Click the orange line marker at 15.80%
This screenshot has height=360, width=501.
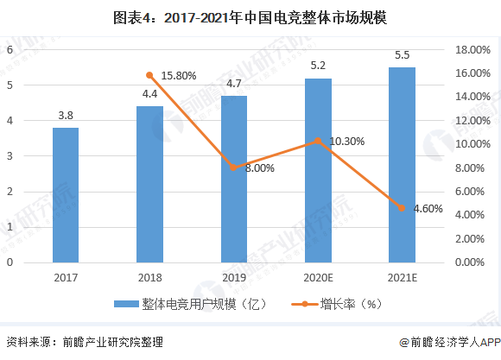[149, 75]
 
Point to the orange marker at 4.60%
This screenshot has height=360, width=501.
[402, 208]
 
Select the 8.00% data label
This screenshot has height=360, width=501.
[258, 168]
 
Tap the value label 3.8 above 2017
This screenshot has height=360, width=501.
[66, 115]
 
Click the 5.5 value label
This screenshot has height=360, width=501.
[402, 55]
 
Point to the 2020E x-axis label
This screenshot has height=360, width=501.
[317, 277]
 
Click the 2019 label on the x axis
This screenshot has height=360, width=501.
[233, 277]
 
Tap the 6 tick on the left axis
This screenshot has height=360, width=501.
[10, 50]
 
